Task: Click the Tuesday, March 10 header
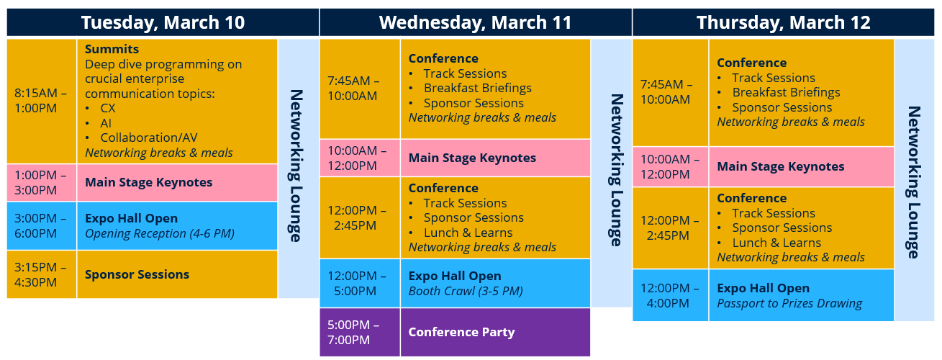(x=163, y=22)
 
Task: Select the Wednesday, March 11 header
(x=475, y=22)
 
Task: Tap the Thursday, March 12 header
(x=783, y=22)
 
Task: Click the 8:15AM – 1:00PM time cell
(x=41, y=101)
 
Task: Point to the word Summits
(x=112, y=50)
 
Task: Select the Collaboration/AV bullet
(x=148, y=138)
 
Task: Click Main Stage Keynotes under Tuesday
(x=148, y=182)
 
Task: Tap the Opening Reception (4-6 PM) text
(x=160, y=233)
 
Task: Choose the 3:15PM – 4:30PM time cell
(x=41, y=274)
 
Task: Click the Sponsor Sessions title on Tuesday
(x=137, y=274)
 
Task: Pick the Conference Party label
(x=461, y=332)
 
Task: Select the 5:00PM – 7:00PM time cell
(x=359, y=332)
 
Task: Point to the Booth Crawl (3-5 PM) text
(x=465, y=291)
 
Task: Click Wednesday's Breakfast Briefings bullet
(x=477, y=88)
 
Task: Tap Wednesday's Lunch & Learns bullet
(x=468, y=233)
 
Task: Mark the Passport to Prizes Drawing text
(x=789, y=303)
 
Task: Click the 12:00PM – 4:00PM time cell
(x=670, y=295)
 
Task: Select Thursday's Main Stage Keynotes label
(x=780, y=166)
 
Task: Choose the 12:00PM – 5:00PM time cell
(x=359, y=283)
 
